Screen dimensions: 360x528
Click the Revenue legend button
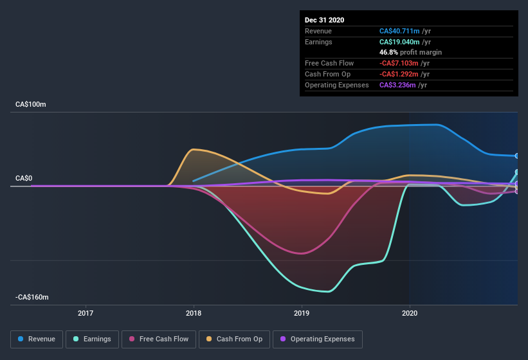[37, 339]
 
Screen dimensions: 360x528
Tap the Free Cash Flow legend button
[159, 339]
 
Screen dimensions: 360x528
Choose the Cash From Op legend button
[234, 339]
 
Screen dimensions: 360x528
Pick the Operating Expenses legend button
[317, 339]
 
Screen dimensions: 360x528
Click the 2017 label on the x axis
[86, 314]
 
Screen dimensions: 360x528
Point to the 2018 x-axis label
[194, 314]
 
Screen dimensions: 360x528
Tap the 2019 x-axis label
[302, 314]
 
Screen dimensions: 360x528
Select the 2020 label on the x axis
[410, 314]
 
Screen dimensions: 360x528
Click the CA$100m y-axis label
[31, 104]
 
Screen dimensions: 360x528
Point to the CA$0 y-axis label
[24, 178]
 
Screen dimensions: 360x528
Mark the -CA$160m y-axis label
[33, 298]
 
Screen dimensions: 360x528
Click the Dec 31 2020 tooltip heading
[324, 20]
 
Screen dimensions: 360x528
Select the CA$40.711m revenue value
[400, 31]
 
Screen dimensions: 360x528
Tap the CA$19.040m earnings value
[400, 42]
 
